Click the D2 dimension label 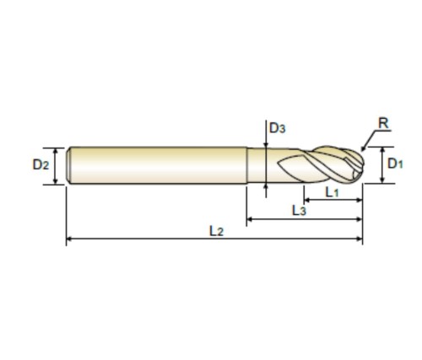(41, 165)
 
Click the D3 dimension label (277, 129)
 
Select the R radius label (382, 124)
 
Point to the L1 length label (332, 192)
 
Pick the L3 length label (298, 211)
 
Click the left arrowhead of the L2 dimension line (69, 240)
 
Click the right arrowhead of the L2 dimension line (360, 240)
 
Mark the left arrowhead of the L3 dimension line (250, 219)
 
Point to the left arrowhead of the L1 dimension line (306, 201)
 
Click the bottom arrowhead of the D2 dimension (57, 180)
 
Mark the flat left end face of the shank (68, 165)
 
